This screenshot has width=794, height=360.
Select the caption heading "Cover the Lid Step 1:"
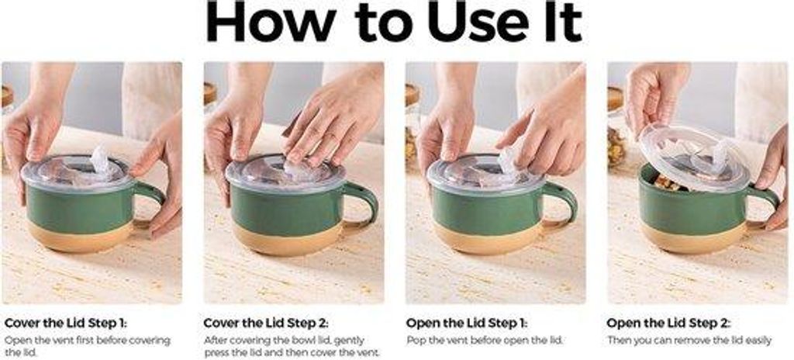(66, 323)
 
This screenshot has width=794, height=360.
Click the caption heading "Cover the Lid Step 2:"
(266, 323)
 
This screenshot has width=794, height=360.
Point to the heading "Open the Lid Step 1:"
(466, 323)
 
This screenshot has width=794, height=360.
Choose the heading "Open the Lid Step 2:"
(668, 323)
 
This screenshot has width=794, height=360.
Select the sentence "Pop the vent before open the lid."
(485, 341)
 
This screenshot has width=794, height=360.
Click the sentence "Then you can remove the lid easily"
(689, 341)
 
